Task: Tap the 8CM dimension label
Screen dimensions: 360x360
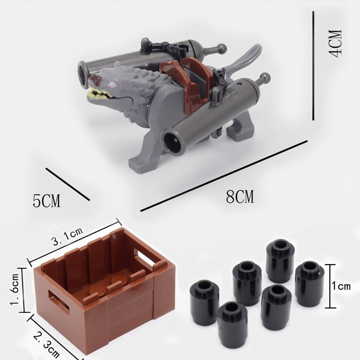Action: [x=240, y=197]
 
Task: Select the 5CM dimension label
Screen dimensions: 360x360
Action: [x=46, y=201]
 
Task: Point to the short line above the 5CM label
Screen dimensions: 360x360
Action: [x=67, y=184]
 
